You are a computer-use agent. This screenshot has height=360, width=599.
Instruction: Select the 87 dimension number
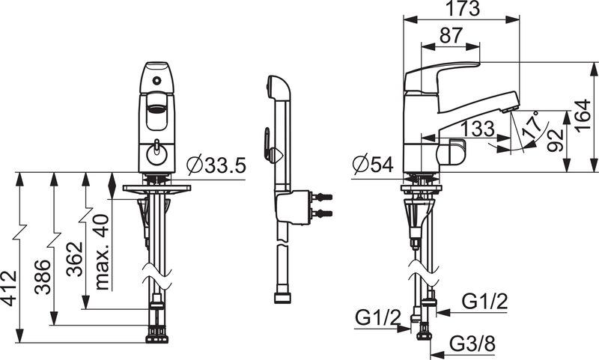pyautogui.click(x=451, y=35)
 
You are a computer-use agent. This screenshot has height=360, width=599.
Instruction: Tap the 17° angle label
pyautogui.click(x=530, y=125)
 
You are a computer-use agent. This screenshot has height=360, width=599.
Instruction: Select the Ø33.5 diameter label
pyautogui.click(x=216, y=165)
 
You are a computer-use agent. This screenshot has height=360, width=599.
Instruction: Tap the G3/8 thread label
pyautogui.click(x=472, y=347)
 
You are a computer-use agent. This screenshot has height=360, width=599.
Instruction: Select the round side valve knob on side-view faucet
pyautogui.click(x=454, y=153)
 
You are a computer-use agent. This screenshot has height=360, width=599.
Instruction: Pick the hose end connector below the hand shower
pyautogui.click(x=282, y=299)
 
